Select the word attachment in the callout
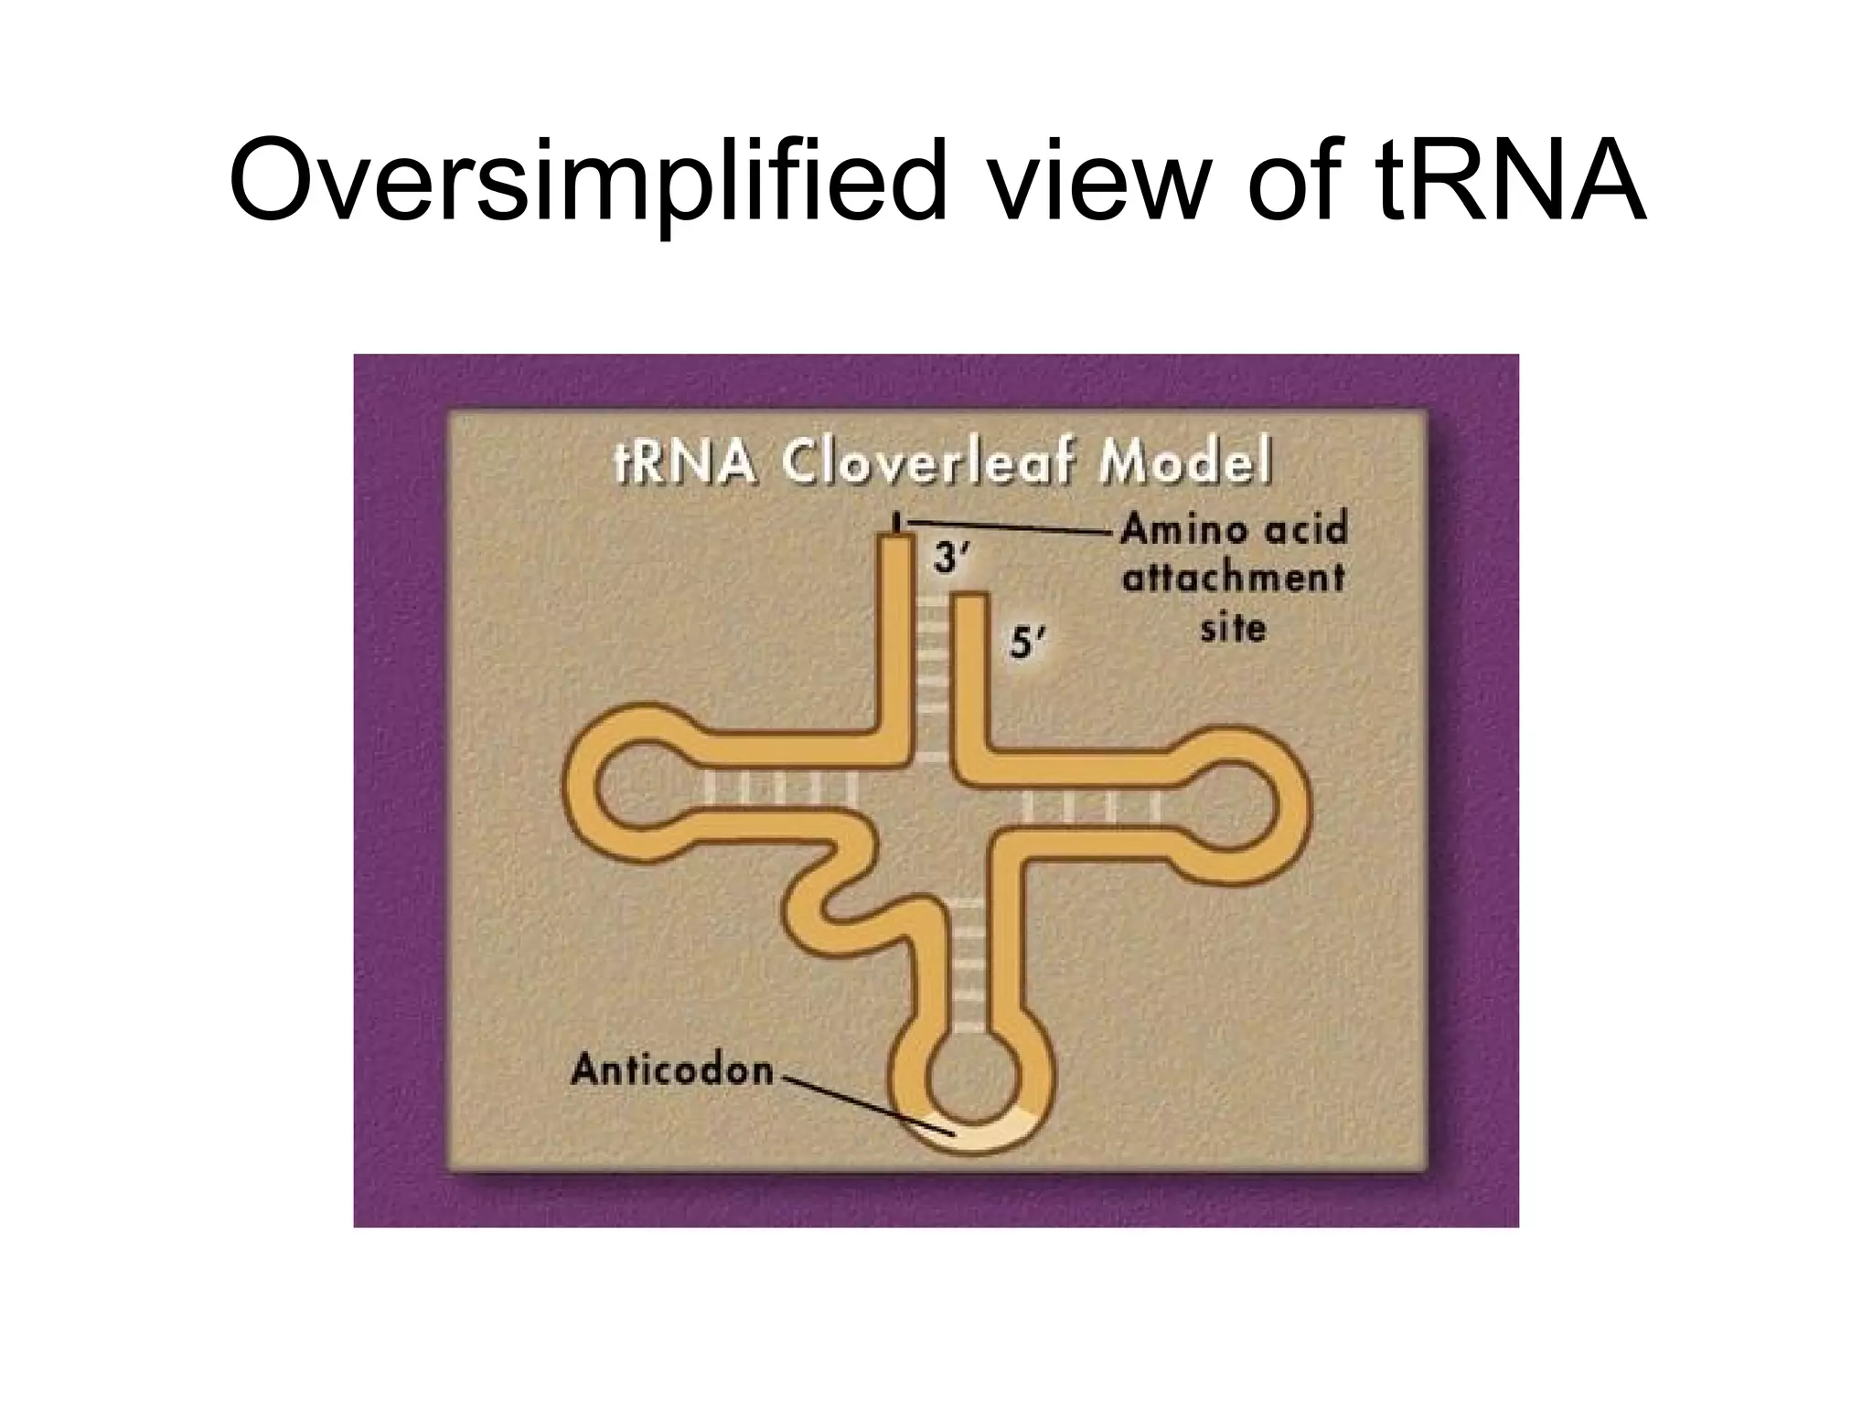click(1233, 580)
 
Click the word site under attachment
click(1233, 628)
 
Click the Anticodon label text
click(672, 1069)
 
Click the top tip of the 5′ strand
click(970, 600)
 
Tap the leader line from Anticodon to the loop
click(860, 1106)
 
